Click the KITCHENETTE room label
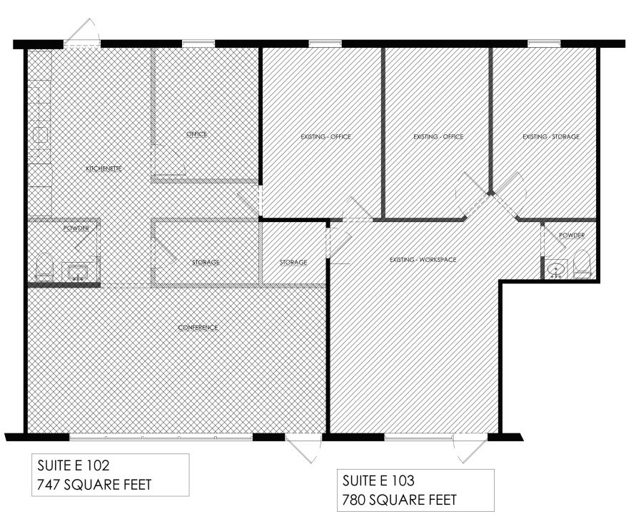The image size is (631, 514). [104, 168]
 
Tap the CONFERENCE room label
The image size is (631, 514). [198, 328]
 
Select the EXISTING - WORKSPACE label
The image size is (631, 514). [423, 260]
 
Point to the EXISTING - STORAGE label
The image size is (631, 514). [551, 137]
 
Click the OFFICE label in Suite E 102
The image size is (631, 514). [197, 134]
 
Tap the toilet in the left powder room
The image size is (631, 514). [44, 267]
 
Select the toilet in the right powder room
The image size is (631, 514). [582, 264]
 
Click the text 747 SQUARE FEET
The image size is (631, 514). [94, 484]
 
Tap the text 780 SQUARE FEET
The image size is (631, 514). [400, 500]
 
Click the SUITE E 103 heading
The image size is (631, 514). [378, 480]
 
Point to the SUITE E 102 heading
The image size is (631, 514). [74, 465]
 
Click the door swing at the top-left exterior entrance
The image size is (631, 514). [83, 31]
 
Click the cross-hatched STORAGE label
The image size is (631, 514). [206, 263]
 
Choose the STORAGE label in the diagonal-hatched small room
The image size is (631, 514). [293, 263]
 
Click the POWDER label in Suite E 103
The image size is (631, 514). [572, 235]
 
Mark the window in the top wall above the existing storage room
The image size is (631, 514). [544, 44]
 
